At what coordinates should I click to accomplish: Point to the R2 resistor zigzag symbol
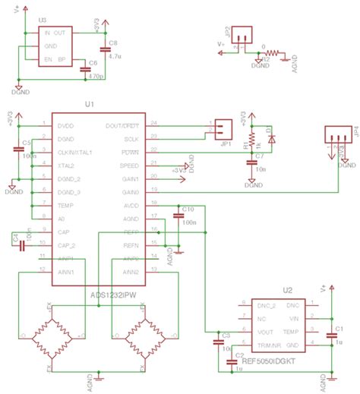(x=282, y=54)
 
